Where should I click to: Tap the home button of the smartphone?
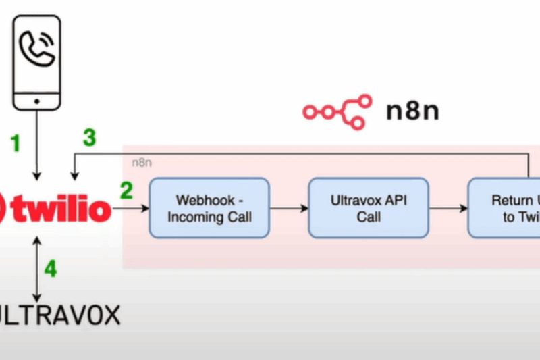pyautogui.click(x=36, y=100)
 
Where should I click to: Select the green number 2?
pyautogui.click(x=126, y=191)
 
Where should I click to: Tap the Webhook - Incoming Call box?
pyautogui.click(x=209, y=208)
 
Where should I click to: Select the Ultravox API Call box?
pyautogui.click(x=369, y=208)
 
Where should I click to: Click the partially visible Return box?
pyautogui.click(x=504, y=208)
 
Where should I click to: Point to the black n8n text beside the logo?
pyautogui.click(x=412, y=110)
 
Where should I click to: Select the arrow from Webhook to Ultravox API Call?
pyautogui.click(x=289, y=208)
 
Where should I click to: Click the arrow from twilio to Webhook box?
pyautogui.click(x=131, y=209)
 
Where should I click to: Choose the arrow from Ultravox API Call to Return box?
pyautogui.click(x=448, y=208)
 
